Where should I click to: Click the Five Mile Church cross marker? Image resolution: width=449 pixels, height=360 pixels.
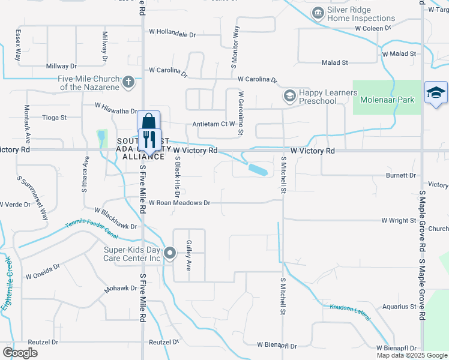128,82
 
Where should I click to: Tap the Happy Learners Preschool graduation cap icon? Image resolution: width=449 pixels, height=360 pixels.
289,96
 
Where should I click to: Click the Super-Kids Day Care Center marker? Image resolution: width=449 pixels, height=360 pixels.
170,253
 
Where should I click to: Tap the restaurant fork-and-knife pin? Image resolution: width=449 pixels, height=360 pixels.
149,139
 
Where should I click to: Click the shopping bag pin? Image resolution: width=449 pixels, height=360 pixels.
148,121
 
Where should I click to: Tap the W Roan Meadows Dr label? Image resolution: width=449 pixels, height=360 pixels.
179,203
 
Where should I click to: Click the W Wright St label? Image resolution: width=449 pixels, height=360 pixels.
399,221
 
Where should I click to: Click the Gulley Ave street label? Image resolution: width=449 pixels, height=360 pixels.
188,255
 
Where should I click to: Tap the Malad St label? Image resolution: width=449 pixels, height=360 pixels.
334,62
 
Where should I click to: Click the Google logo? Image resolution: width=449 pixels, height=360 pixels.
20,353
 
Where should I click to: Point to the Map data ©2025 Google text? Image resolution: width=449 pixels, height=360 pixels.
411,355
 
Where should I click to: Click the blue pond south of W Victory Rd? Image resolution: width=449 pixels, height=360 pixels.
259,170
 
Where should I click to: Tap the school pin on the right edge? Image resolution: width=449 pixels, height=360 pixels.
436,94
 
